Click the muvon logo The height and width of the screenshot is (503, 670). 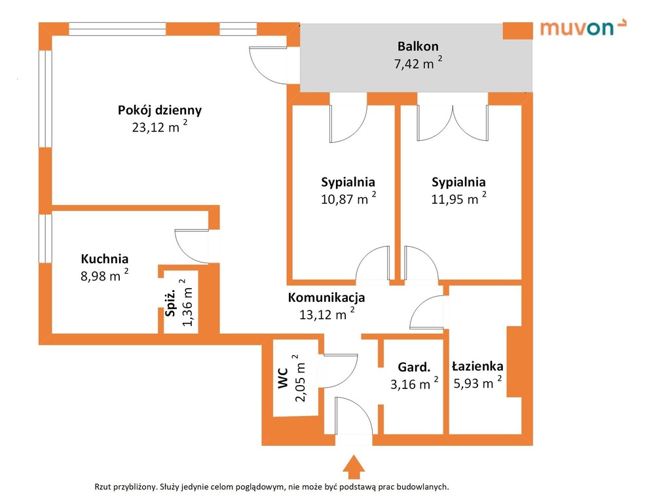pos(584,28)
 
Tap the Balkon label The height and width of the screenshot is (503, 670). pos(418,46)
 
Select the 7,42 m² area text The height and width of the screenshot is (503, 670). pos(418,63)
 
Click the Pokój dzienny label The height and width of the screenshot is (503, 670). pos(160,110)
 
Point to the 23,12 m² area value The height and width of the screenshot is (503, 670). pos(160,126)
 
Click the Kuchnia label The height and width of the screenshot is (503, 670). pos(105,259)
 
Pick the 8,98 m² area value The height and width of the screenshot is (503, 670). pos(105,275)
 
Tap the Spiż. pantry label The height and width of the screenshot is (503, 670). pos(170,303)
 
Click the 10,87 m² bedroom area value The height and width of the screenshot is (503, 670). pos(348,198)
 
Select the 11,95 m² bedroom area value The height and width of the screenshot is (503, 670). pos(458,198)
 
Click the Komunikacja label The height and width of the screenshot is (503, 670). pos(326,297)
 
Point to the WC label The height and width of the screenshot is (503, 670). pos(284,378)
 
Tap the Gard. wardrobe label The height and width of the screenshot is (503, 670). pos(414,367)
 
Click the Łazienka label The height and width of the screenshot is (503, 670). pos(477,366)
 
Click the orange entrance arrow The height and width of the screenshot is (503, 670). pos(354,467)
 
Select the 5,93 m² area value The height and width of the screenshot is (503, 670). pos(477,382)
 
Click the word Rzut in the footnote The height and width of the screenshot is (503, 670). pos(103,487)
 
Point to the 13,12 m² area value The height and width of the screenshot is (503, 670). pos(326,314)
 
